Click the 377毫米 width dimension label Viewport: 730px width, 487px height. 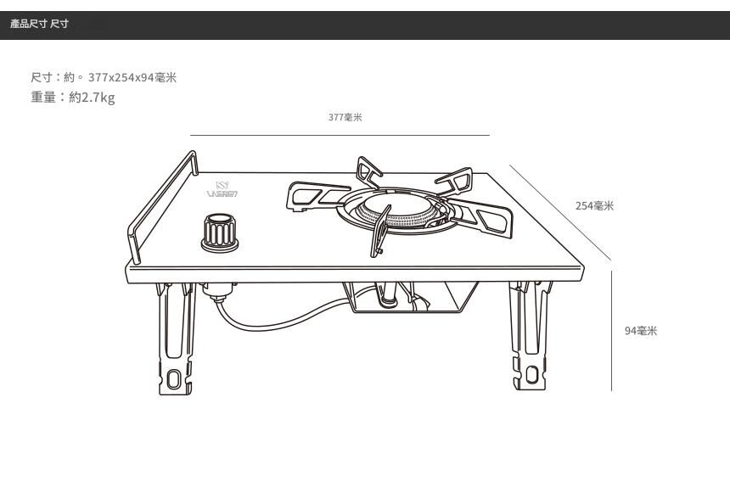pyautogui.click(x=345, y=118)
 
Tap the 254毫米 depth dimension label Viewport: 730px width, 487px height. pyautogui.click(x=594, y=206)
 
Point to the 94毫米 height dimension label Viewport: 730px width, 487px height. pyautogui.click(x=641, y=331)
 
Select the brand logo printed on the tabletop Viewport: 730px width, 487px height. pyautogui.click(x=222, y=189)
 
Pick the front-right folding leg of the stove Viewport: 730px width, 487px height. pyautogui.click(x=526, y=339)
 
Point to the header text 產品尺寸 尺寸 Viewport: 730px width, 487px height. pyautogui.click(x=39, y=24)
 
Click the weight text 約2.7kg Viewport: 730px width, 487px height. pyautogui.click(x=92, y=98)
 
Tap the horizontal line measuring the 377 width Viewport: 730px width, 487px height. pyautogui.click(x=340, y=135)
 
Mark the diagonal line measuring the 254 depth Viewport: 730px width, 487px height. pyautogui.click(x=560, y=212)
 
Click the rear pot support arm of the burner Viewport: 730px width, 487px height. pyautogui.click(x=370, y=171)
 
